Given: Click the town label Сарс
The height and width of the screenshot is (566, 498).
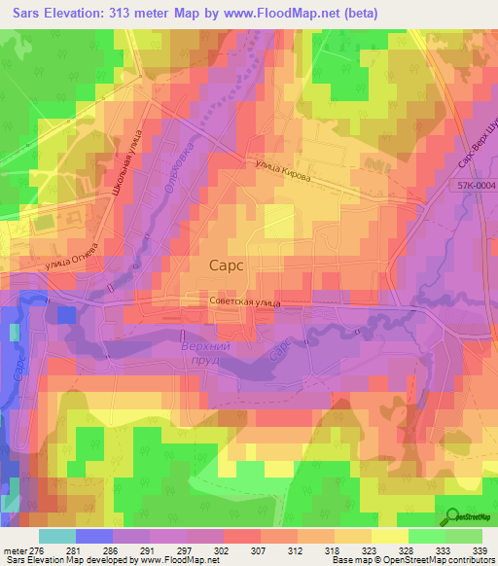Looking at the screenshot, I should coord(228,264).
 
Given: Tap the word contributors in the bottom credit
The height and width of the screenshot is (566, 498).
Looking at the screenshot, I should coord(472,560).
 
